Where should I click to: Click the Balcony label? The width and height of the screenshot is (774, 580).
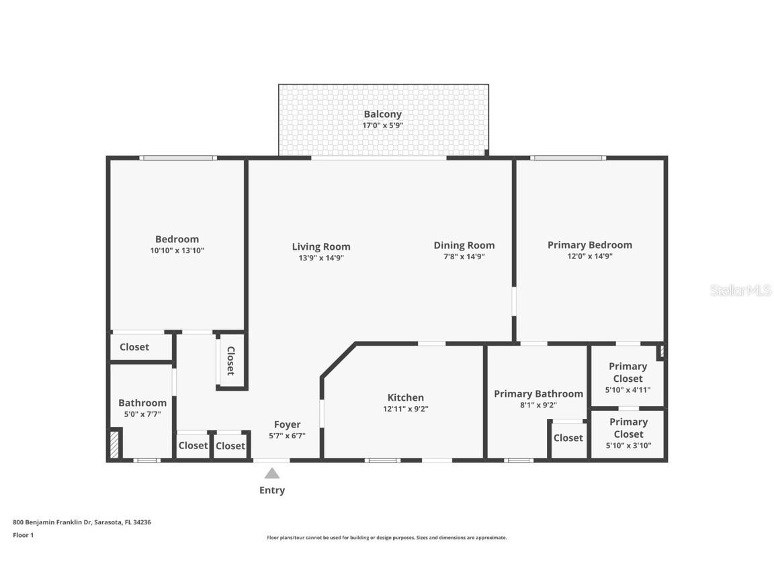tap(383, 114)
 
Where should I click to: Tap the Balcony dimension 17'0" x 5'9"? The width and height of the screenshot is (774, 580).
tap(383, 125)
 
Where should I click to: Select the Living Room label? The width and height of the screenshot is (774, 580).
tap(321, 246)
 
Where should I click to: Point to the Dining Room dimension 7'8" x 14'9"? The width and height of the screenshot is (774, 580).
tap(464, 256)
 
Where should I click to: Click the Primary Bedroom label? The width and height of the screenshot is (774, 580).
tap(589, 245)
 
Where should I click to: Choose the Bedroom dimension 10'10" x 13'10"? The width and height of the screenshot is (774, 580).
tap(177, 250)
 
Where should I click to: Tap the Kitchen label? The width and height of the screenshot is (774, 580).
tap(405, 397)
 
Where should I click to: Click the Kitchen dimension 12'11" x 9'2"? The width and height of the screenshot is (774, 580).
tap(405, 409)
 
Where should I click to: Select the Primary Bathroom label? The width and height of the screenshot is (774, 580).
tap(538, 393)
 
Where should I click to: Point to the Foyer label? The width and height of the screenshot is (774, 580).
tap(287, 424)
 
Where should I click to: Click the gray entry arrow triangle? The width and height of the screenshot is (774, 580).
tap(271, 473)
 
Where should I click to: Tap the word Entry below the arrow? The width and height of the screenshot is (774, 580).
tap(271, 490)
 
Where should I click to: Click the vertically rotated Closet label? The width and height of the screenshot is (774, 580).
tap(230, 360)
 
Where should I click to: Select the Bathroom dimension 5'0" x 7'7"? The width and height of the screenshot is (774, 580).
tap(142, 415)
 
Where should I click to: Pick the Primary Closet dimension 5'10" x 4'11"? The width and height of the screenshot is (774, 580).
tap(628, 390)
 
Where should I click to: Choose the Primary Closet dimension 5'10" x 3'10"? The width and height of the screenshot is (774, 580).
tap(628, 445)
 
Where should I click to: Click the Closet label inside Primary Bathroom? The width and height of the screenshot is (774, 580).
tap(568, 438)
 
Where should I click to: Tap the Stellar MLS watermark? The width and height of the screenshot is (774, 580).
tap(740, 291)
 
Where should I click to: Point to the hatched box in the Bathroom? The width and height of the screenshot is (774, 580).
tap(114, 445)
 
